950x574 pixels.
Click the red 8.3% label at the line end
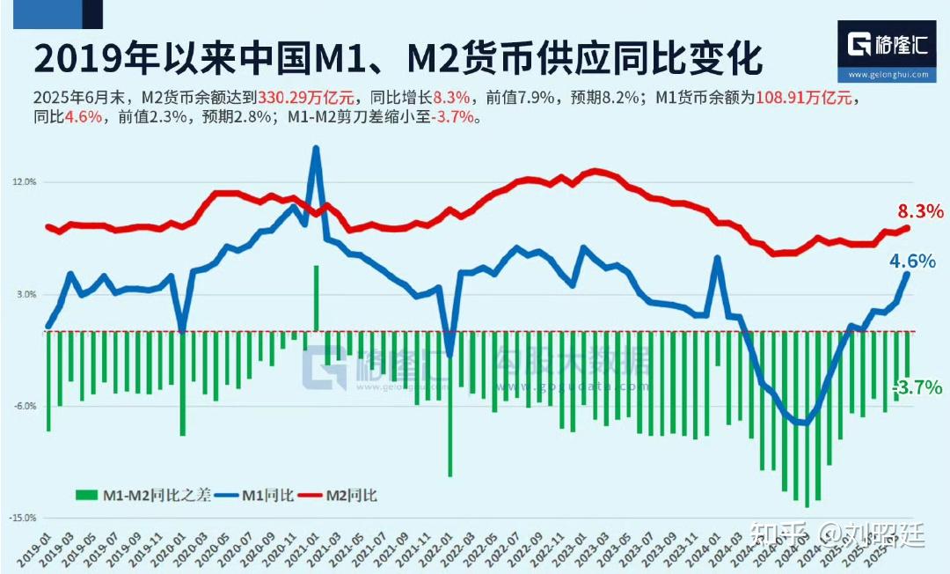pyautogui.click(x=920, y=211)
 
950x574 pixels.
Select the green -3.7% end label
pyautogui.click(x=918, y=387)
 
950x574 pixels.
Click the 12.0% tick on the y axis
pyautogui.click(x=24, y=182)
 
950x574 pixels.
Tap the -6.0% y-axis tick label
pyautogui.click(x=24, y=406)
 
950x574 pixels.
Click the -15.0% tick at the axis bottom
pyautogui.click(x=22, y=518)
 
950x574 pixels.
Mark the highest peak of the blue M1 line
pyautogui.click(x=316, y=148)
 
